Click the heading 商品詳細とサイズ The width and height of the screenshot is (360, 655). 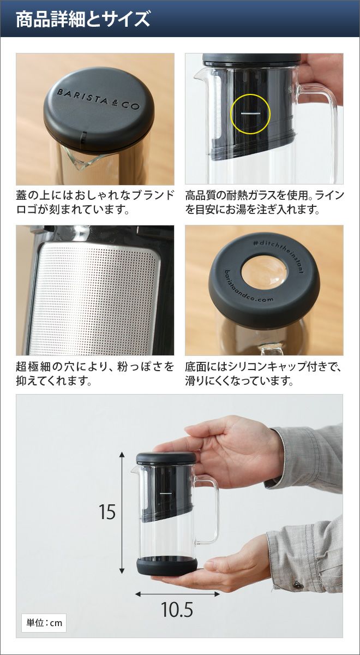pyautogui.click(x=83, y=19)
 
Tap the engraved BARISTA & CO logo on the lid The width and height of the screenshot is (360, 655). pyautogui.click(x=98, y=99)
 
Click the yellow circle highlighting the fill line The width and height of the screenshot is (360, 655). pyautogui.click(x=250, y=114)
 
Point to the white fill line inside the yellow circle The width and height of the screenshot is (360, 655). pyautogui.click(x=250, y=113)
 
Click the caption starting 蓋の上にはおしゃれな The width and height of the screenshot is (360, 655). pyautogui.click(x=95, y=203)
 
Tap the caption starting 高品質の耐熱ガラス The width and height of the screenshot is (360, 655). pyautogui.click(x=264, y=203)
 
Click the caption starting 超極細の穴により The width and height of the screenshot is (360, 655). pyautogui.click(x=95, y=374)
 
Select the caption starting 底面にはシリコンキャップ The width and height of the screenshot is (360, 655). pyautogui.click(x=263, y=374)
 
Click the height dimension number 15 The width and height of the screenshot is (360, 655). pyautogui.click(x=107, y=512)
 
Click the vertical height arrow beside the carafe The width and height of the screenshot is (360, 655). pyautogui.click(x=122, y=513)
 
